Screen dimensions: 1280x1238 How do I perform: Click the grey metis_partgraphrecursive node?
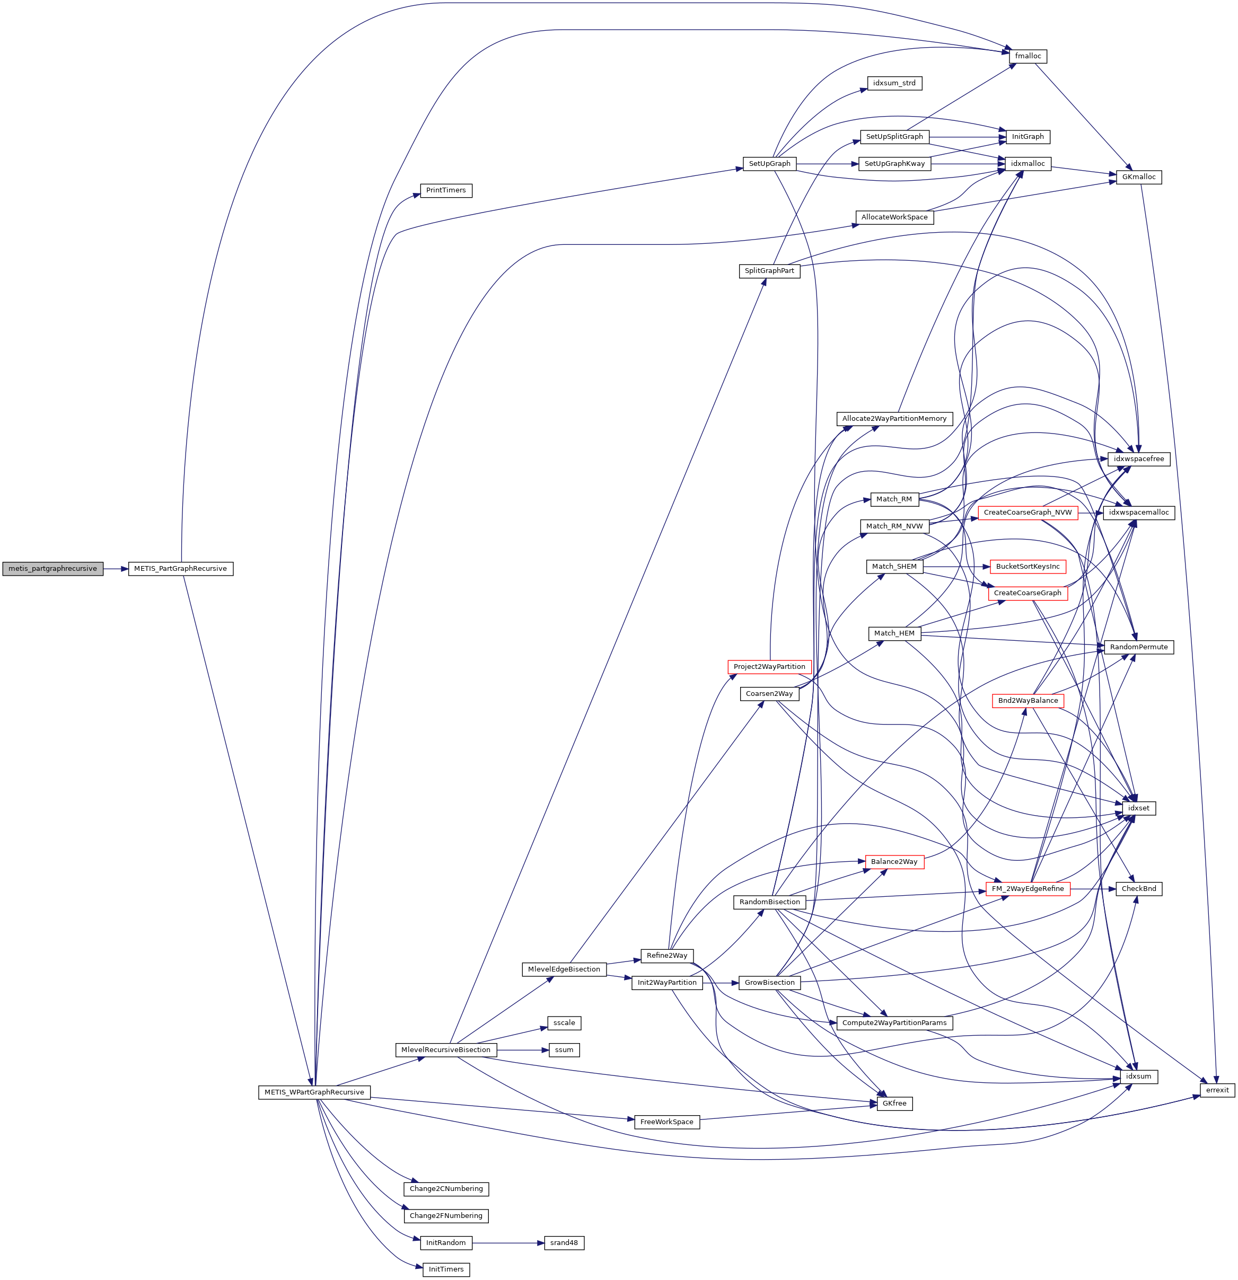52,569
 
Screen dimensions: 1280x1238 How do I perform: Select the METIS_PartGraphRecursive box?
180,569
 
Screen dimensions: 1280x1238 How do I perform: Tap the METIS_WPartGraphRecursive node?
314,1092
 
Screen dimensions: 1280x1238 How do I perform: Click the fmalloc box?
1028,56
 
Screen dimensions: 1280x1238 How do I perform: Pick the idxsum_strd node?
894,83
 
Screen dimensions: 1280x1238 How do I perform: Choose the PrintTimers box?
445,190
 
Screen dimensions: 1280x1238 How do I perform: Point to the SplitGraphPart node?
770,270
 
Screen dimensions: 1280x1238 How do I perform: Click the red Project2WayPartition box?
769,667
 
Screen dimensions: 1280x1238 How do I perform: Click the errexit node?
1217,1090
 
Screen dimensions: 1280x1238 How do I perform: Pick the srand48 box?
564,1243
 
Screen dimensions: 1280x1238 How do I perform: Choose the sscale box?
564,1023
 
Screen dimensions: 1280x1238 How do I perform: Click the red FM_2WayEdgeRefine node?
1028,889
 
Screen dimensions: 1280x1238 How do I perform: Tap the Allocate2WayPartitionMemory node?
894,419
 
